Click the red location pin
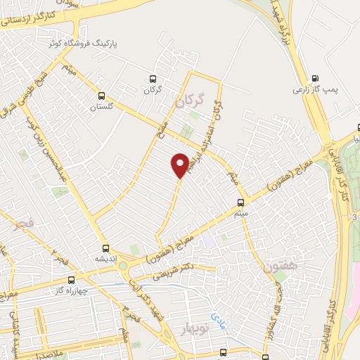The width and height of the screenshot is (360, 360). (180, 164)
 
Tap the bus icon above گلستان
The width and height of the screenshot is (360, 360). (101, 96)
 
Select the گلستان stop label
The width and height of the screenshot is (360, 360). (101, 108)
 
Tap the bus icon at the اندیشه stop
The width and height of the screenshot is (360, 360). (105, 247)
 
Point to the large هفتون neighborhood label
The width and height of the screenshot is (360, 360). (277, 267)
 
